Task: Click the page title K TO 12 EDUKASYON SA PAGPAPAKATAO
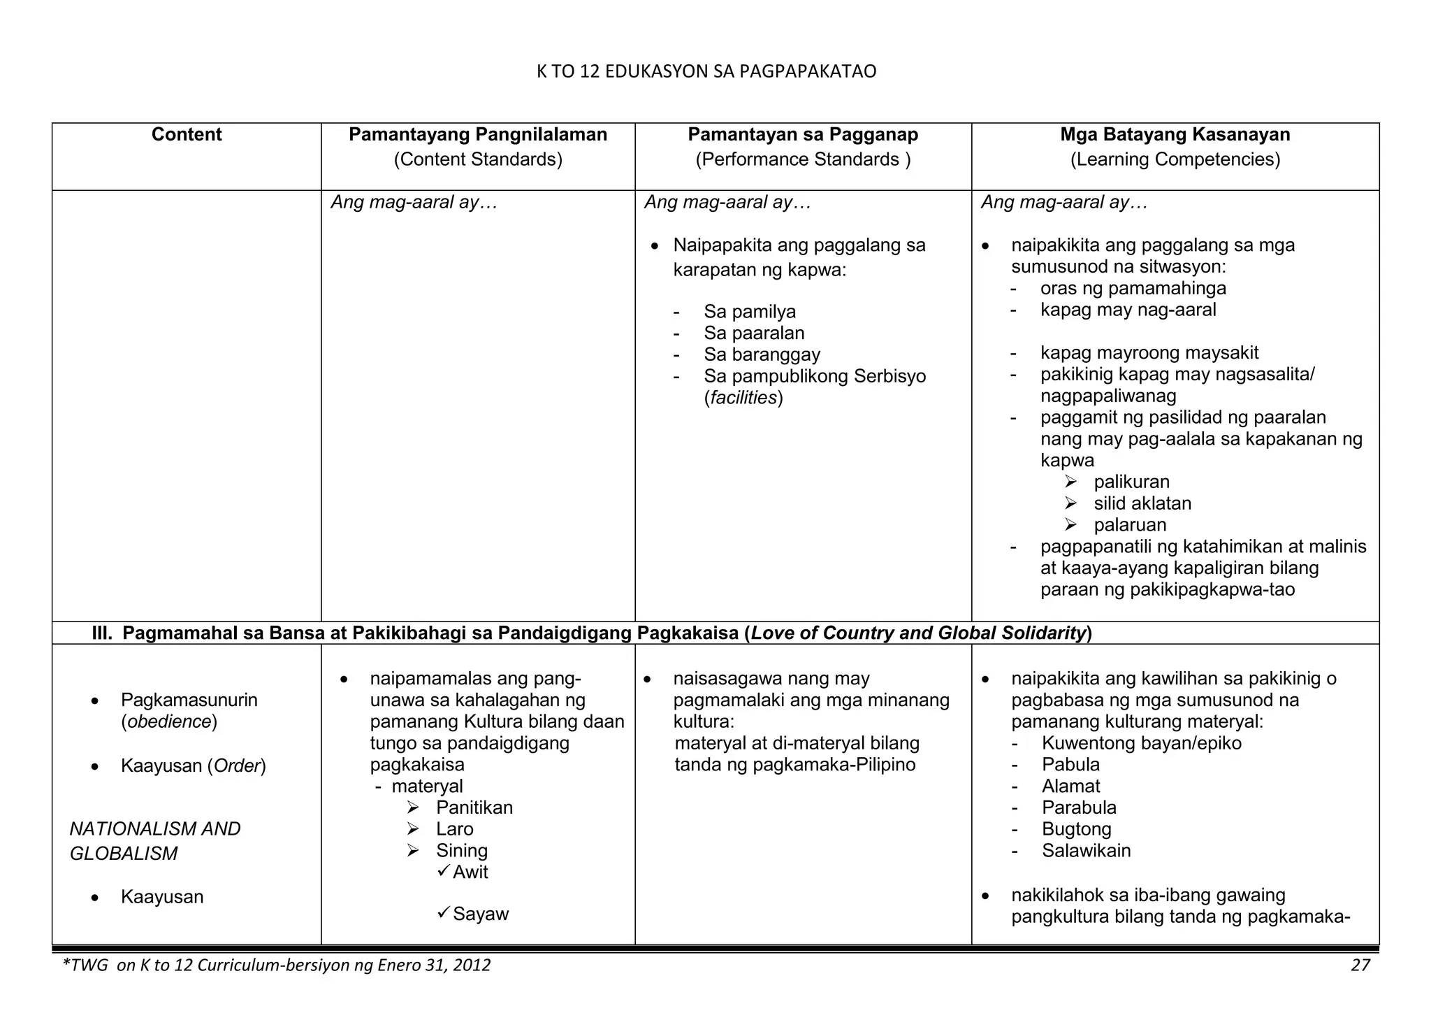click(706, 72)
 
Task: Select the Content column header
click(187, 135)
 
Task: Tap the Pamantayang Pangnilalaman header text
click(478, 135)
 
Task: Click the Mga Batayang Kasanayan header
click(1175, 135)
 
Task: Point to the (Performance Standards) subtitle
click(803, 160)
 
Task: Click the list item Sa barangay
click(762, 355)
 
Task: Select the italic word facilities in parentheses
click(743, 398)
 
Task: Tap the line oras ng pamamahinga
click(1133, 289)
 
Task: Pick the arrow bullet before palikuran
click(1070, 482)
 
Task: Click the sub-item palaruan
click(1130, 526)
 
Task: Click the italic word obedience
click(168, 722)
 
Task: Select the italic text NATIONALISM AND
click(155, 829)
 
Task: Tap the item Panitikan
click(474, 808)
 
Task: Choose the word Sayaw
click(481, 915)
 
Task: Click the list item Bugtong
click(1076, 830)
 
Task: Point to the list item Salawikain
click(1086, 852)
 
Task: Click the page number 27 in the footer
click(1360, 966)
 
